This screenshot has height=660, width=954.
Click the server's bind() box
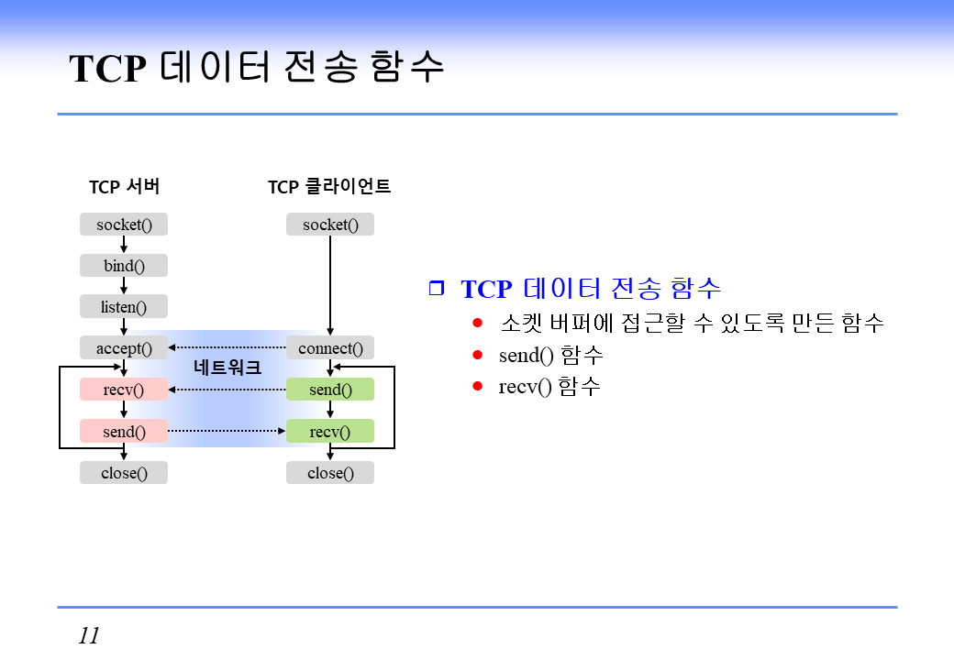coord(124,266)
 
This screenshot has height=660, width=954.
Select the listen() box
coord(124,307)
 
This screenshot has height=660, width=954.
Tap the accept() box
coord(124,348)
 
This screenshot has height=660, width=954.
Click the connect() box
coord(330,348)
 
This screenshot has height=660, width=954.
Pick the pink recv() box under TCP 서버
coord(124,390)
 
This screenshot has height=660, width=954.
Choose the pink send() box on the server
coord(124,431)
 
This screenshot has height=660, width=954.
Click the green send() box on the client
coord(330,390)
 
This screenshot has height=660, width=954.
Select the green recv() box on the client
coord(330,431)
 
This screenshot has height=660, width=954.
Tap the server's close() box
coord(124,473)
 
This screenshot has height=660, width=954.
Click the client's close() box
coord(330,473)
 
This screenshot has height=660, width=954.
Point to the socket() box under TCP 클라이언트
coord(330,225)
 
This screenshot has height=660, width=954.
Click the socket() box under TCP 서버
coord(124,225)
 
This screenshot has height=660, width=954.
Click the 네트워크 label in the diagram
coord(227,368)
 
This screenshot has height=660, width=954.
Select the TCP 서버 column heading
coord(124,187)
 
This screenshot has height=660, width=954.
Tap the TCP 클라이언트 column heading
coord(329,187)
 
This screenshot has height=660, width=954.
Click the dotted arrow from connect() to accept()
coord(227,347)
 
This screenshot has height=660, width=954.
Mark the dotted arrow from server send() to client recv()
coord(227,430)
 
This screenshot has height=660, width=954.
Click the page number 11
coord(89,635)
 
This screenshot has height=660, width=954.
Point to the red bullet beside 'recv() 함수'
coord(477,386)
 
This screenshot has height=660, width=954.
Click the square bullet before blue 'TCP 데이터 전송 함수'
coord(436,288)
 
